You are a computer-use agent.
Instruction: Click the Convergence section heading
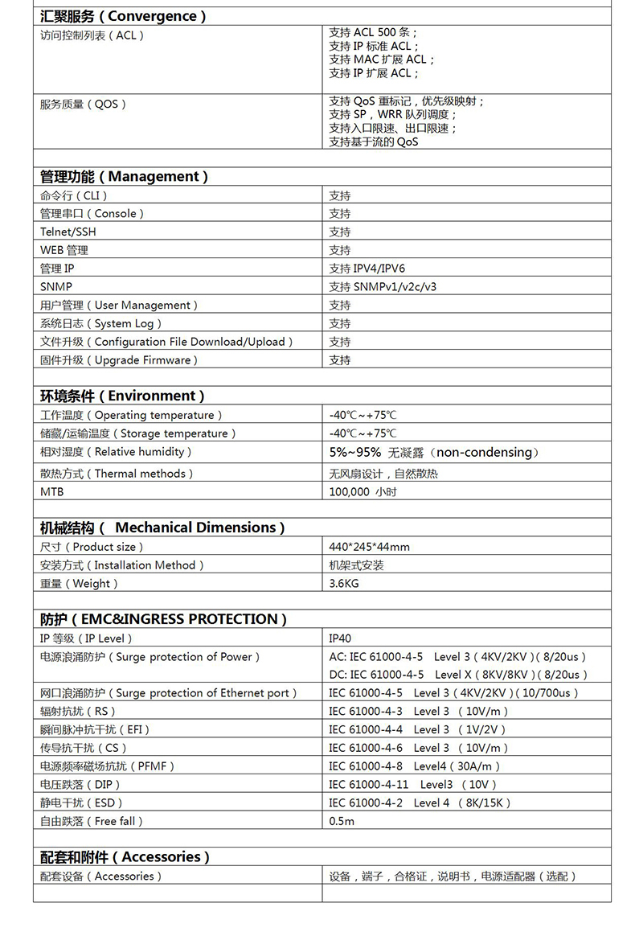click(x=123, y=16)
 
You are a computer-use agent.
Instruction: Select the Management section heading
click(x=124, y=176)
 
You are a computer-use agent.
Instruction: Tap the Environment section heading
click(x=122, y=396)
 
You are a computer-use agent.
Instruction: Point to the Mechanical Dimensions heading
click(x=162, y=528)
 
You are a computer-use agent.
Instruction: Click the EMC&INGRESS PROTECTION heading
click(x=163, y=619)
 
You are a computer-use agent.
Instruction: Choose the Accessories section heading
click(x=125, y=857)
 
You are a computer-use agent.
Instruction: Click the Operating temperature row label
click(x=130, y=415)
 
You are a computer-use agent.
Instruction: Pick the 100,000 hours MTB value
click(x=363, y=491)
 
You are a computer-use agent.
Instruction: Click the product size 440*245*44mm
click(x=369, y=547)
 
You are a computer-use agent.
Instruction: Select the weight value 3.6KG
click(x=344, y=583)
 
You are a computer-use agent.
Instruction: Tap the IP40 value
click(x=340, y=638)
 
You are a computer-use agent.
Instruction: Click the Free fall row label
click(x=92, y=821)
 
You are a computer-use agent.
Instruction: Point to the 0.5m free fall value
click(x=342, y=821)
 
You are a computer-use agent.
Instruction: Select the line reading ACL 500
click(x=373, y=33)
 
